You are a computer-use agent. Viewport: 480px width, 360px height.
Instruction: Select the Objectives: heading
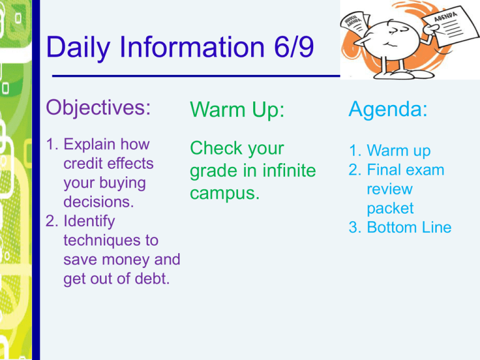99,107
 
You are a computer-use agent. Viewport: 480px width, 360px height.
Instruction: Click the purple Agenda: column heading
389,110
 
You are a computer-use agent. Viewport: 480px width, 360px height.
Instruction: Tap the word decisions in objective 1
92,202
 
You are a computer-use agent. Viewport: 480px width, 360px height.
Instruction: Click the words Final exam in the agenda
406,169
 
